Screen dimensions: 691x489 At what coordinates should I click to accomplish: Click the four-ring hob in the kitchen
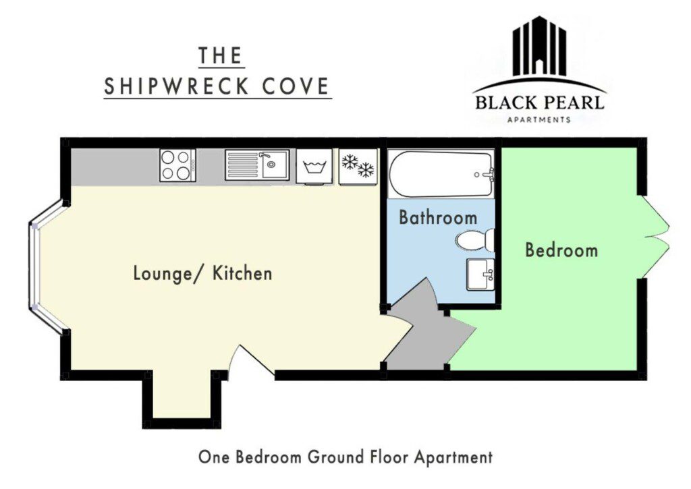[178, 165]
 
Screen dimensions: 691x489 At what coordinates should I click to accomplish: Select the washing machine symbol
[314, 166]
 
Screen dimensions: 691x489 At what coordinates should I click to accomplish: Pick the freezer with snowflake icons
[358, 166]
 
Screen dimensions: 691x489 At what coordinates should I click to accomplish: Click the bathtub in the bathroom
[441, 174]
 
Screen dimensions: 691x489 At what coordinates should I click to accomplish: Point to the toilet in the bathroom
[475, 241]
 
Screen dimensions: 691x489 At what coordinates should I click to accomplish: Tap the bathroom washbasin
[480, 275]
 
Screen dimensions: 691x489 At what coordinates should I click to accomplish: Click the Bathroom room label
[438, 218]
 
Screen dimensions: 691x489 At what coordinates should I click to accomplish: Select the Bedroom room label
[561, 250]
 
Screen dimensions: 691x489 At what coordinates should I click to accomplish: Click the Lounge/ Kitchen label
[202, 273]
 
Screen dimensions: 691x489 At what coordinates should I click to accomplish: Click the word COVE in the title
[296, 86]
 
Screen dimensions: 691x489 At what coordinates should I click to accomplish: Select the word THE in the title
[221, 55]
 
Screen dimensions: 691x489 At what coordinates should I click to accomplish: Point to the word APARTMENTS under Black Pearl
[539, 119]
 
